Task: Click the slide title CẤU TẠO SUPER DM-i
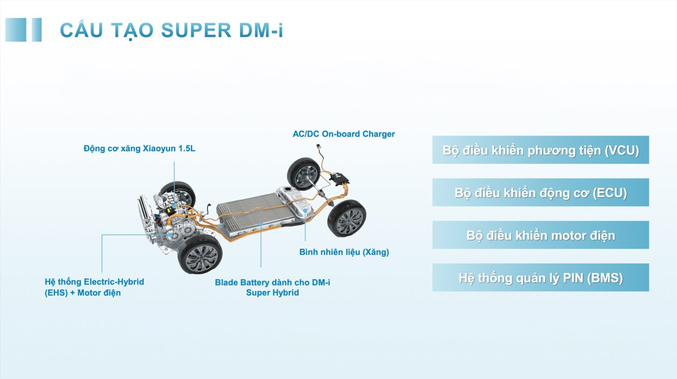[171, 30]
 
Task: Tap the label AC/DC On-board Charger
[344, 134]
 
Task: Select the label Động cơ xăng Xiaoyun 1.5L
[139, 149]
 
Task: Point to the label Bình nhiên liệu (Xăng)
[344, 252]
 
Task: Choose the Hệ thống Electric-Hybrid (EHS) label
[94, 288]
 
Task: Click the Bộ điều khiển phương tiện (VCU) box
[540, 150]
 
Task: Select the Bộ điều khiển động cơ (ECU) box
[540, 193]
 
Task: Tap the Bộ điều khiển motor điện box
[540, 235]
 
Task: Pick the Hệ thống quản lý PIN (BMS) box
[540, 278]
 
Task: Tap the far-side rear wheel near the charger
[303, 173]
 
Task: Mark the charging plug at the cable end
[318, 148]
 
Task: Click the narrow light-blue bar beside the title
[37, 30]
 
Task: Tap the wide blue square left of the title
[16, 30]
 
